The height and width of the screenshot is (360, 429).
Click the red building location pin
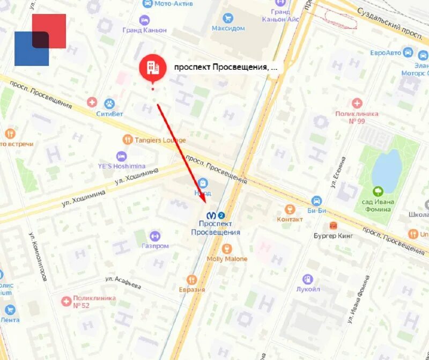(152, 67)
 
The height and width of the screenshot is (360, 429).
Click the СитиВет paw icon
(109, 103)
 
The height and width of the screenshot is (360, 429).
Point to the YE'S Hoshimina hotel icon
(121, 156)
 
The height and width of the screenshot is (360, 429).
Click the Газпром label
(156, 246)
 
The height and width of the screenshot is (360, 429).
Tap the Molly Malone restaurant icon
(227, 248)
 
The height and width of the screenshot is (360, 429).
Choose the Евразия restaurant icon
(191, 280)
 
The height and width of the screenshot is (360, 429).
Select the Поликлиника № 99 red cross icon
(357, 103)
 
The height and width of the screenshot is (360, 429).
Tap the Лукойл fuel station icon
(308, 279)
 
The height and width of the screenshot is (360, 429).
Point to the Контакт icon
(291, 209)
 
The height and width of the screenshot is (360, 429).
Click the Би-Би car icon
(316, 201)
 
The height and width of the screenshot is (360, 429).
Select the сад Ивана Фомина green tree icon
(379, 191)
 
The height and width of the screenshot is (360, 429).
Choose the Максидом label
(228, 28)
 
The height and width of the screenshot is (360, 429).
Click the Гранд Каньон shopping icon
(144, 20)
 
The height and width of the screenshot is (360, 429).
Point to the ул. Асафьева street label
(123, 281)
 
